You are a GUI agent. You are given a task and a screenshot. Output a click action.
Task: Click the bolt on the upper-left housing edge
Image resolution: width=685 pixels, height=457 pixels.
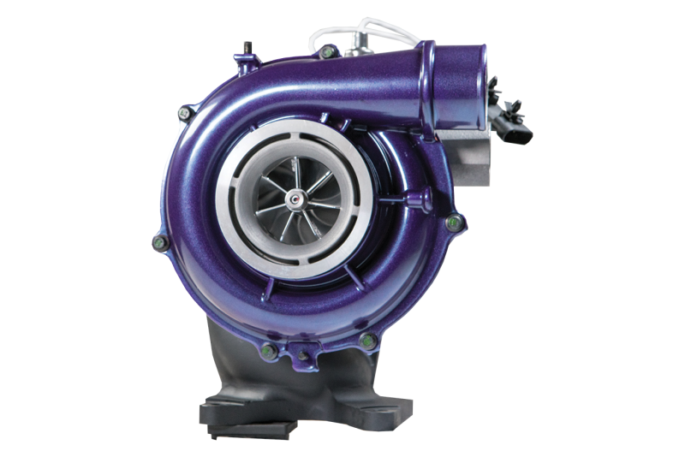[x=182, y=111]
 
